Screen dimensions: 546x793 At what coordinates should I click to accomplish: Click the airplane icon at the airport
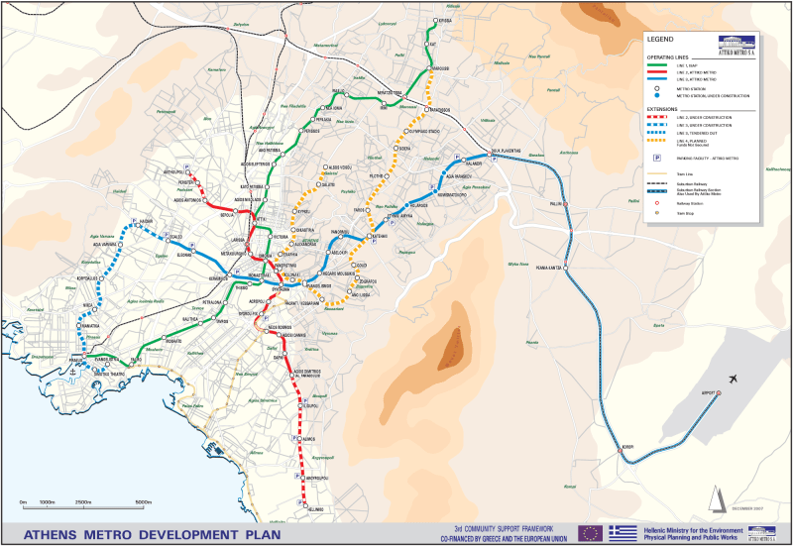[x=733, y=379]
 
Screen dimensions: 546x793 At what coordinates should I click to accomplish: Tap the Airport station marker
[x=719, y=393]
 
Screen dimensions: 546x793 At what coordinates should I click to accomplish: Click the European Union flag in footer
[x=590, y=533]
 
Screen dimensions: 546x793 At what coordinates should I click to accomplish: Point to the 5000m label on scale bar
[x=144, y=502]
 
